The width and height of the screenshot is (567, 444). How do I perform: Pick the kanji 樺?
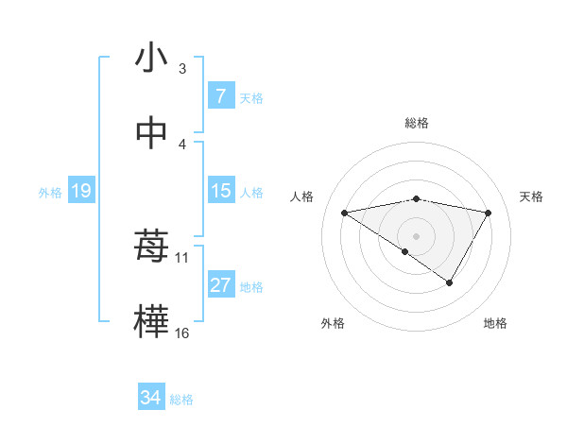(151, 321)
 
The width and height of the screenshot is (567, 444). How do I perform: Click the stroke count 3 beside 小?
(182, 69)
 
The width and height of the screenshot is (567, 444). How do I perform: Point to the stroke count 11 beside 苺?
(182, 257)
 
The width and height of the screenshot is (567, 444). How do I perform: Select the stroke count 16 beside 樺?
(182, 333)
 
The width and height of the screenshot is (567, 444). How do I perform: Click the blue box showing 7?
(220, 96)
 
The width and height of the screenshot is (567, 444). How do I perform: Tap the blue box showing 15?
(220, 191)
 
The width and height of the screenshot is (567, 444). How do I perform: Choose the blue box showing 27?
(220, 285)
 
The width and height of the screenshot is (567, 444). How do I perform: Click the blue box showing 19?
(80, 191)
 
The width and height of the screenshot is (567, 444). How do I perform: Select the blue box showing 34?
(150, 398)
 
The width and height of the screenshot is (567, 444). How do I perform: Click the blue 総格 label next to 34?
(181, 400)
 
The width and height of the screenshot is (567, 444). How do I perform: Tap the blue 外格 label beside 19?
(50, 193)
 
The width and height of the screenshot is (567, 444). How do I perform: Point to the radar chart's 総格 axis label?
(417, 123)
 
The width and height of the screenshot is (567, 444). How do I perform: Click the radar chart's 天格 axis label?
(532, 196)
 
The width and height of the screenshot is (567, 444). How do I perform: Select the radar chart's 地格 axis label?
(495, 324)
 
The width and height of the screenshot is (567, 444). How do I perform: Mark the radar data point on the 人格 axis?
(344, 213)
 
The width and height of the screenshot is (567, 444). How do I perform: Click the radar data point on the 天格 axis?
(489, 213)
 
